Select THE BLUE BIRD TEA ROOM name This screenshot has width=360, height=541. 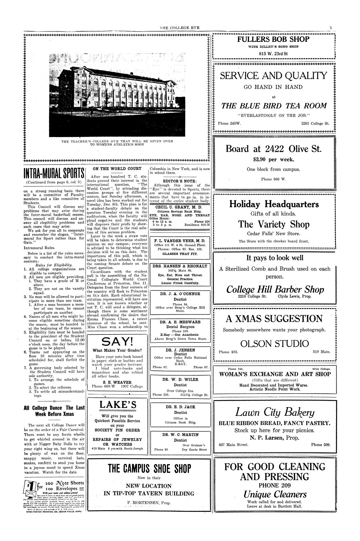(x=274, y=106)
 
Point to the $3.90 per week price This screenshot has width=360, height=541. (x=274, y=160)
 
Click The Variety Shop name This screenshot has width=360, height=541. (x=274, y=224)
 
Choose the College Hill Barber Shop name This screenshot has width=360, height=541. (x=275, y=289)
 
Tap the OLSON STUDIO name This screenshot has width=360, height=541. (x=274, y=343)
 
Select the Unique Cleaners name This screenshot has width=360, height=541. (x=275, y=494)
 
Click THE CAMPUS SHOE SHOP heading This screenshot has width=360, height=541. (x=149, y=468)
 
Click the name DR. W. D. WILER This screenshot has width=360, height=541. (x=180, y=379)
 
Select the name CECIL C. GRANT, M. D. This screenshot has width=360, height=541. (x=180, y=207)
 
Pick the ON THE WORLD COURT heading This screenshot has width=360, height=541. (x=117, y=169)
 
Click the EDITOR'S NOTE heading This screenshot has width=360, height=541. (x=180, y=181)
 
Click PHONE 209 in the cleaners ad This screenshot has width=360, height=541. (x=275, y=485)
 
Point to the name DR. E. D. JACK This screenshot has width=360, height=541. (x=180, y=407)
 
